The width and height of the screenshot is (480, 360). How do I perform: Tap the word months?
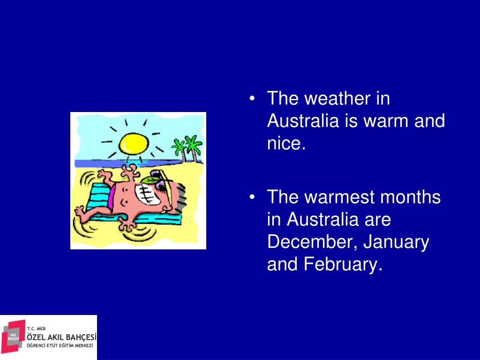(x=411, y=197)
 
